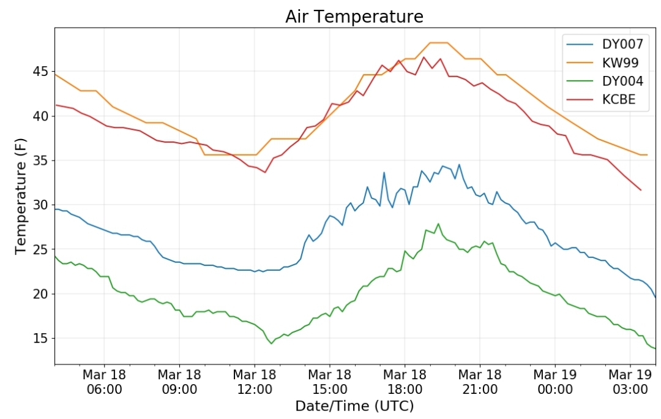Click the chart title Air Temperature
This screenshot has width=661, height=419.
(354, 17)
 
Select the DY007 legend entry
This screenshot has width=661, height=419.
(605, 44)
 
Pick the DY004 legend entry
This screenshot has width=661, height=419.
(605, 81)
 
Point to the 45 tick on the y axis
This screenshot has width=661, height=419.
(40, 71)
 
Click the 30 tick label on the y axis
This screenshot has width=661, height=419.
(40, 205)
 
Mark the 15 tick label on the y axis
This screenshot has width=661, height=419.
(40, 338)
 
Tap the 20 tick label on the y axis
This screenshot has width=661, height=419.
(40, 294)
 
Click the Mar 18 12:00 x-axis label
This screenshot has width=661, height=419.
(255, 382)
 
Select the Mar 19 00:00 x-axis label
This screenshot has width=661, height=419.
(555, 382)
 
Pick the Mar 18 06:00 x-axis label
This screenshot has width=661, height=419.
(104, 382)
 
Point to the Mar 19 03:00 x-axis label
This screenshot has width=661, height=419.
(630, 382)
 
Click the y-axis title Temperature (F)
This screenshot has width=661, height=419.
(21, 196)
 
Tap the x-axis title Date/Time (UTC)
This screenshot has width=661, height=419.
(354, 406)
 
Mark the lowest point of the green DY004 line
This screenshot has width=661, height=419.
(272, 344)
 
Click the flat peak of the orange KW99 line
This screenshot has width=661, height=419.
(438, 43)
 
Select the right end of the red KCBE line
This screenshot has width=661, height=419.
(641, 190)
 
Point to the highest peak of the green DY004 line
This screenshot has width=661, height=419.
(438, 224)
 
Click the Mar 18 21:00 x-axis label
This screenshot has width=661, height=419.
(480, 382)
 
